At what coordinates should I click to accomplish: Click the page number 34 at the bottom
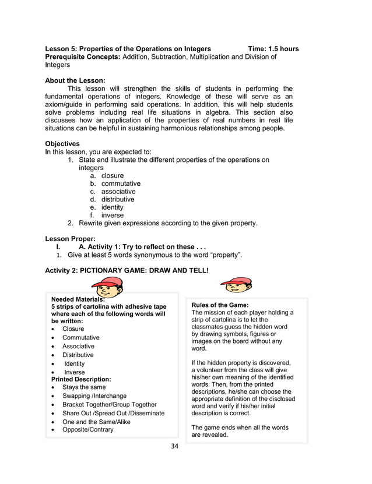coord(175,447)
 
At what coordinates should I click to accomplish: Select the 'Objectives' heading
coord(62,143)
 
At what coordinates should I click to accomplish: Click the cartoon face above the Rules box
coord(236,285)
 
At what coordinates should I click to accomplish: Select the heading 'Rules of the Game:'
coord(220,305)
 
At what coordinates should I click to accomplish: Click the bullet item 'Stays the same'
coord(84,387)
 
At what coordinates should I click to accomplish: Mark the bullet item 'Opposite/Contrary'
coord(88,430)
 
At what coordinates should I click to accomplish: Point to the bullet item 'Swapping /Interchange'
coord(94,396)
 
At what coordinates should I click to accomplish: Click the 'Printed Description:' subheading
coord(81,379)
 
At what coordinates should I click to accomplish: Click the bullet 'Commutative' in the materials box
coord(81,338)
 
